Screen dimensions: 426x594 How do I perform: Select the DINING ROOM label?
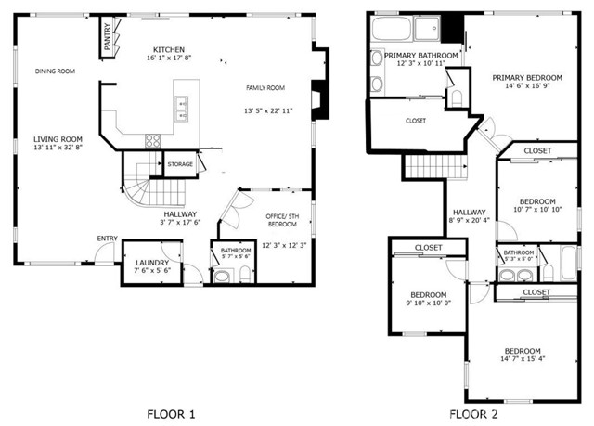coord(55,71)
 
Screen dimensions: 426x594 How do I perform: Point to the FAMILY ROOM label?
coord(265,88)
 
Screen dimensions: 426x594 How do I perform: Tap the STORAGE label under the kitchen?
coord(180,164)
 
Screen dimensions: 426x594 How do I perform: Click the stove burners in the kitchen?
coord(153,141)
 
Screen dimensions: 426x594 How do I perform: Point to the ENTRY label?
coord(107,239)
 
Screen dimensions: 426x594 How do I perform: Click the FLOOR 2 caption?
coord(474,413)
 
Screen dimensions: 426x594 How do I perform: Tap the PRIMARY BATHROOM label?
coord(421,56)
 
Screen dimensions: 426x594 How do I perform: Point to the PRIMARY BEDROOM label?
coord(526,78)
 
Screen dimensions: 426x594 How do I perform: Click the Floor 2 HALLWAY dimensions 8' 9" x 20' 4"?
coord(470,220)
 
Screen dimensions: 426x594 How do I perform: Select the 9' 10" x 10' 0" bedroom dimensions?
coord(429,302)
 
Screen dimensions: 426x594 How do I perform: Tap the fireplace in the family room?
coord(318,97)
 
